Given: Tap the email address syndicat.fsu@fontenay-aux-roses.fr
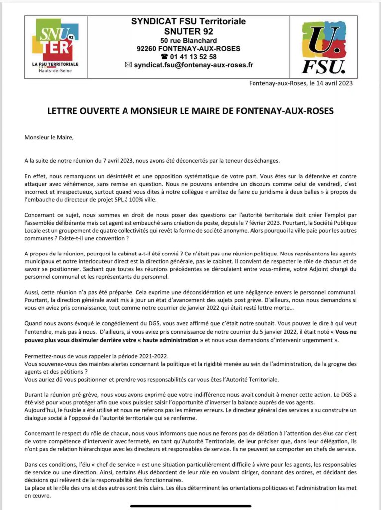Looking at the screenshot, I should pyautogui.click(x=193, y=65).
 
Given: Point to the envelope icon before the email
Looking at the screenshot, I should pyautogui.click(x=128, y=65).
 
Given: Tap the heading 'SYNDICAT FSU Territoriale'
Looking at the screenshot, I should pyautogui.click(x=188, y=22).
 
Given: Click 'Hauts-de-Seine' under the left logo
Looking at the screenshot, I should pyautogui.click(x=54, y=70).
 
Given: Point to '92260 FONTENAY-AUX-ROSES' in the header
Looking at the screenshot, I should pyautogui.click(x=188, y=48).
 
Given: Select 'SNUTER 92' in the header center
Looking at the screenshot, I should pyautogui.click(x=188, y=31).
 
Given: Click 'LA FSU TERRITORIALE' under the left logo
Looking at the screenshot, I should pyautogui.click(x=55, y=64).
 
